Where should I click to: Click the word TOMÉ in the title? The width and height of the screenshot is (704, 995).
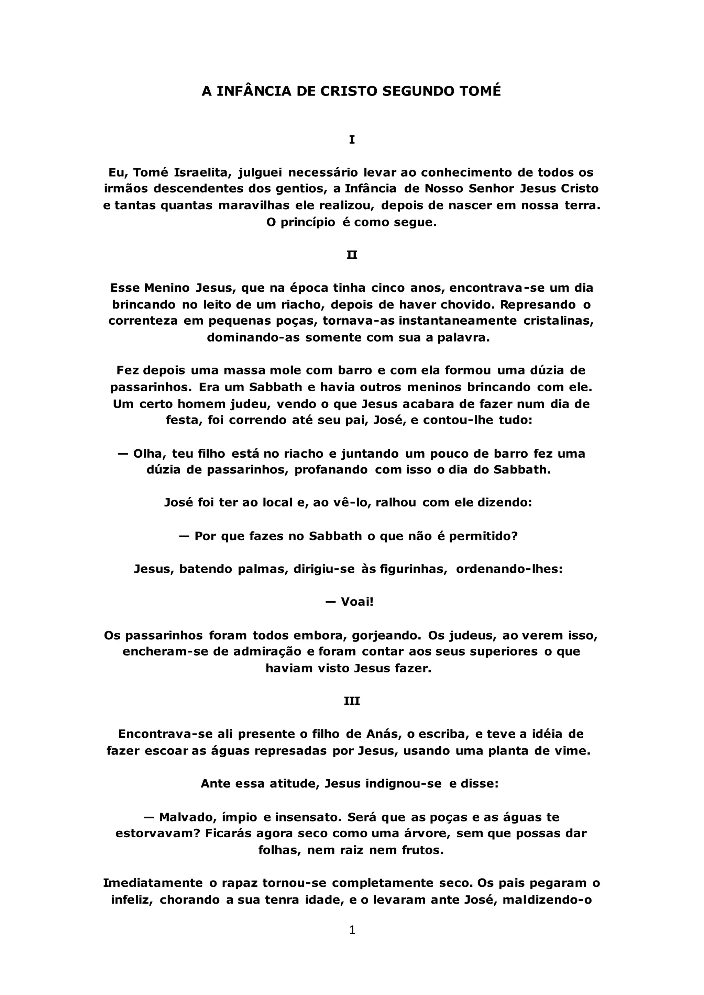[x=480, y=91]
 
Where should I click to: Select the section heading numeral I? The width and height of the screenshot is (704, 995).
[x=352, y=139]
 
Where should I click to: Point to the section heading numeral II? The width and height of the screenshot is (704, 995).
[x=352, y=255]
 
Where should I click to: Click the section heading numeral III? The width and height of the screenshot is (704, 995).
[x=352, y=701]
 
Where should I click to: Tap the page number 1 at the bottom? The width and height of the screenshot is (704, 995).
[x=352, y=930]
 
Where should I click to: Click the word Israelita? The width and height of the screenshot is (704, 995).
[x=203, y=172]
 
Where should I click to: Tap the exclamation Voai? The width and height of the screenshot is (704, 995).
[x=357, y=602]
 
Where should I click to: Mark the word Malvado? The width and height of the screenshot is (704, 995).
[x=188, y=817]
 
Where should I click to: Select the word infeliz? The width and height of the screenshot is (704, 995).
[x=132, y=900]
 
